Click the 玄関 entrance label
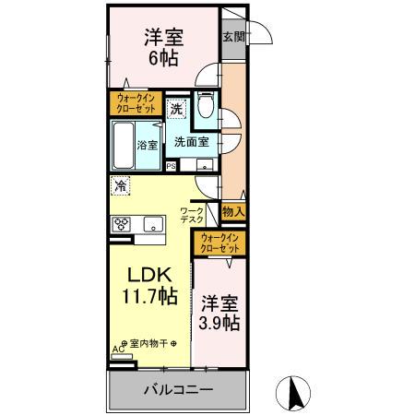tap(232, 37)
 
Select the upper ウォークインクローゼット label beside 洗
tap(136, 101)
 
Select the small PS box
tap(171, 166)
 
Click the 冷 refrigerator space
tap(121, 185)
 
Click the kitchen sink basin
tap(152, 224)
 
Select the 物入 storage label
tap(233, 212)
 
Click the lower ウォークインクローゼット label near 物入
tap(219, 243)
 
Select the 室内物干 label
tap(148, 343)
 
